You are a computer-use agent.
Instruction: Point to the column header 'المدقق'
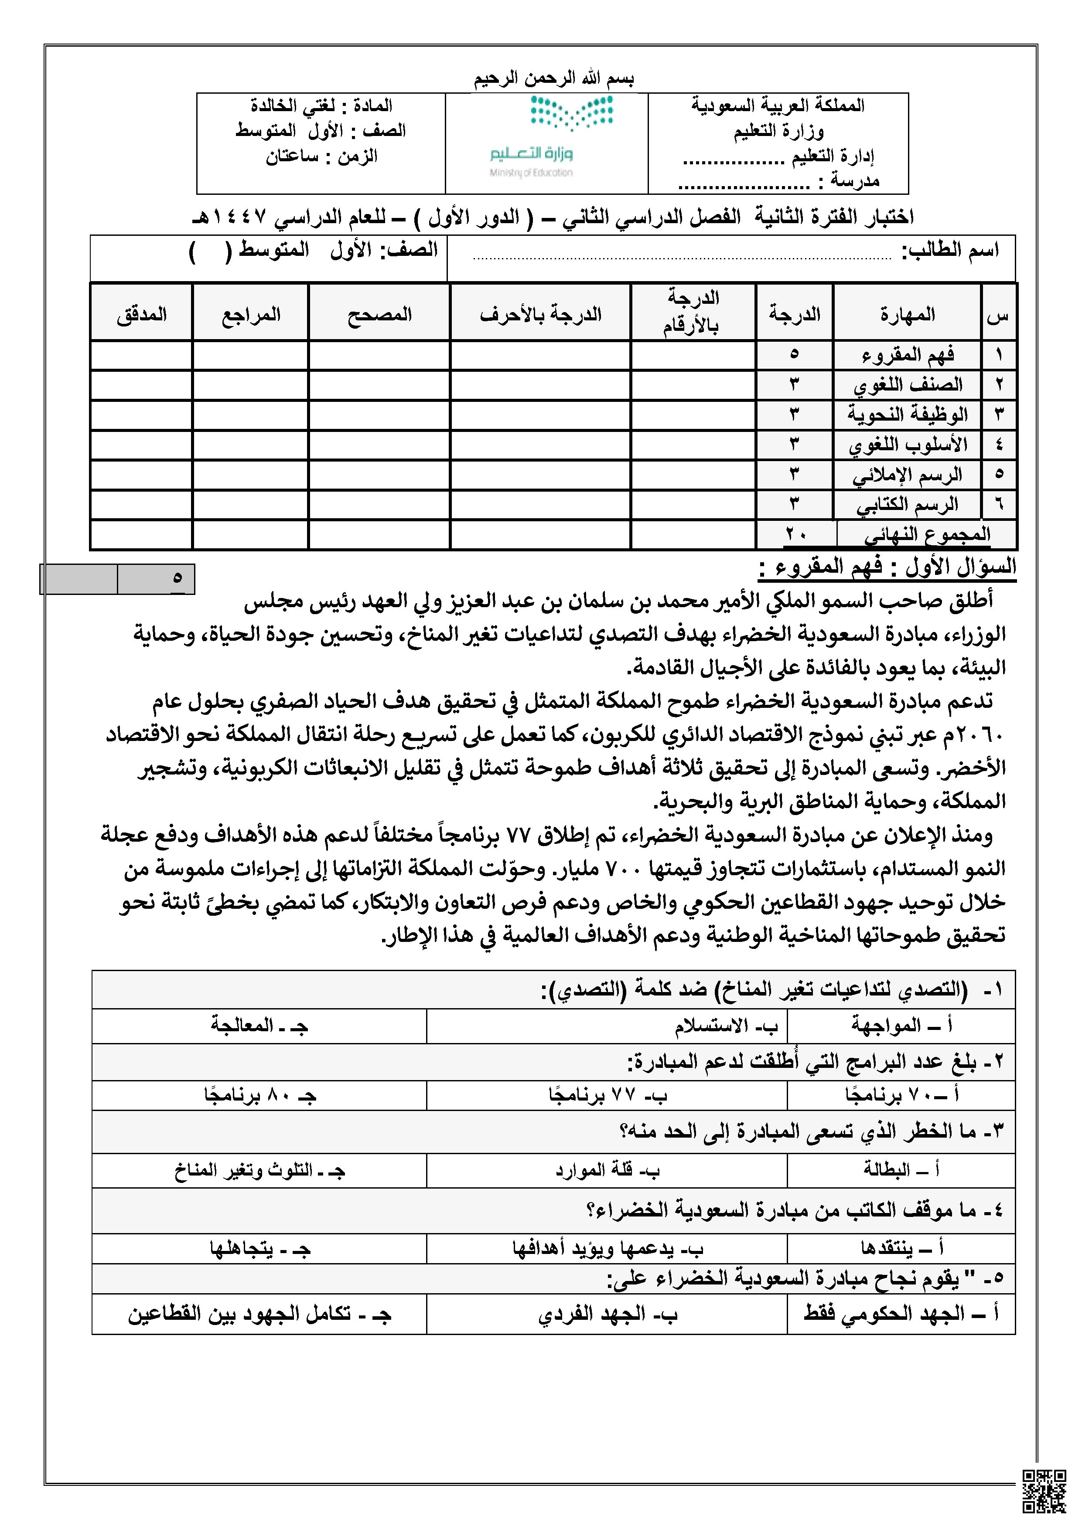pyautogui.click(x=141, y=314)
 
